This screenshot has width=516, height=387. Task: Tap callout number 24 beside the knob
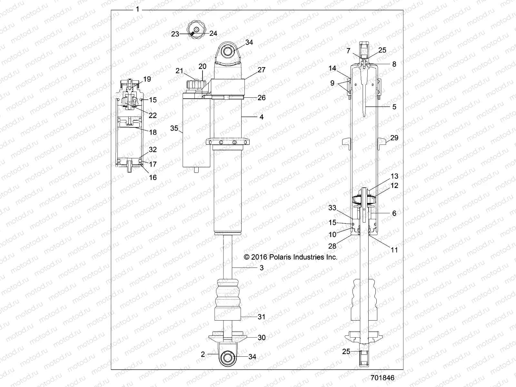coord(213,33)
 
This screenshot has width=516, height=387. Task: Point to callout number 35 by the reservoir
coord(174,128)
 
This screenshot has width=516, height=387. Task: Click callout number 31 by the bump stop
coord(262,317)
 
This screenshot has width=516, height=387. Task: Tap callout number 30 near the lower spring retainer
coord(262,337)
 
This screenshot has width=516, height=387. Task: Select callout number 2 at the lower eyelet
coord(203,354)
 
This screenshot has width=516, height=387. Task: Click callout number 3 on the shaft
coord(262,268)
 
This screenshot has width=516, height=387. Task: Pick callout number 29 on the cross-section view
coord(394,138)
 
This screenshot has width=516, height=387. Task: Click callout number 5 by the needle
coord(394,107)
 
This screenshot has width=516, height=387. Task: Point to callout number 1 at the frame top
coord(138,10)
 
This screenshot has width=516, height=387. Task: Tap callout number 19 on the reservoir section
coord(147,79)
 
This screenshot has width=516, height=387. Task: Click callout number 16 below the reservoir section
coord(153,177)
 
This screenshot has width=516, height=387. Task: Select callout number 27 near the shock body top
coord(262,69)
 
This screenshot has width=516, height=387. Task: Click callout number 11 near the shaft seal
coord(394,250)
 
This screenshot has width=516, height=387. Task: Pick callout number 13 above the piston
coord(394,176)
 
